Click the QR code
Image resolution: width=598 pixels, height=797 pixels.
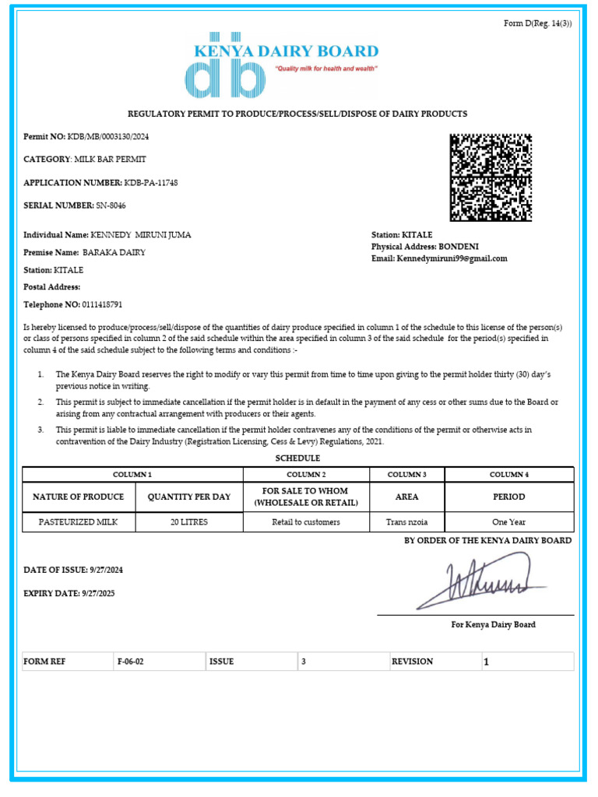click(491, 177)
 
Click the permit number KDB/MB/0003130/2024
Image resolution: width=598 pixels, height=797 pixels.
click(107, 137)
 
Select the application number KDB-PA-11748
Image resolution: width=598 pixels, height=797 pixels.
click(150, 183)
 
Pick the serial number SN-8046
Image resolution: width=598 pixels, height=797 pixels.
click(111, 205)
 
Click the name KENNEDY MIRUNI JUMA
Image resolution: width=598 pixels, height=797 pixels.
click(141, 235)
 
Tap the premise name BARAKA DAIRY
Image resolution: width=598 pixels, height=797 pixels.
click(114, 253)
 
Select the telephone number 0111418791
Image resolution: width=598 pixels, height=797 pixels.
click(97, 305)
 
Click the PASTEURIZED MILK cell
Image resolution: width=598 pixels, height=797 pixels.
click(79, 522)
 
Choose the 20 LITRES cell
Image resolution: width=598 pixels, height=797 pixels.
click(189, 522)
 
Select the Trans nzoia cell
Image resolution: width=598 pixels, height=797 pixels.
click(406, 522)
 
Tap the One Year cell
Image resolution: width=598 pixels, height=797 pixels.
click(508, 522)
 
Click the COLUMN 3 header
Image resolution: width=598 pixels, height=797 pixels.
click(406, 475)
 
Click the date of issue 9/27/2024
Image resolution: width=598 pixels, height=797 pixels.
click(105, 570)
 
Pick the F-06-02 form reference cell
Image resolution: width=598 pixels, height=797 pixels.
click(131, 662)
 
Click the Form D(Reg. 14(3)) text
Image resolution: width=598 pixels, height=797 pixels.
click(538, 23)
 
